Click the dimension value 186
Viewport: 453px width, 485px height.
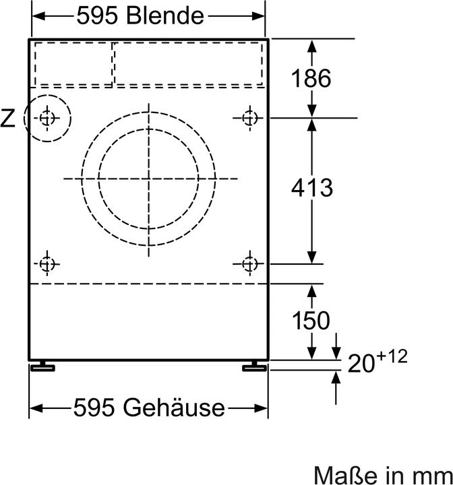click(311, 79)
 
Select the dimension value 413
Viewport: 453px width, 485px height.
click(311, 188)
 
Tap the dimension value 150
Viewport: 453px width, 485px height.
click(311, 321)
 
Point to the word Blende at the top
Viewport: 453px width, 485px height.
click(169, 15)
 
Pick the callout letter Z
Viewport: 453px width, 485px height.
click(8, 119)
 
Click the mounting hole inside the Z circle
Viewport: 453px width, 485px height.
click(47, 119)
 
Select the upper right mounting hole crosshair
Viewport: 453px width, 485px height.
click(250, 118)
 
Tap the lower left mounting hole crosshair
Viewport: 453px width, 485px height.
click(46, 263)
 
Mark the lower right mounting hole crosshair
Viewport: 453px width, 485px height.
click(250, 263)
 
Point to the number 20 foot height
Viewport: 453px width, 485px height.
click(362, 364)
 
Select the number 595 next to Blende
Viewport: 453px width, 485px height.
click(100, 15)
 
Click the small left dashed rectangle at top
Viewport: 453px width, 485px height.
click(73, 64)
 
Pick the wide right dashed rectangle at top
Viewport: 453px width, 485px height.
click(189, 64)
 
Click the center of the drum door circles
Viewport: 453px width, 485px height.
click(150, 179)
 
